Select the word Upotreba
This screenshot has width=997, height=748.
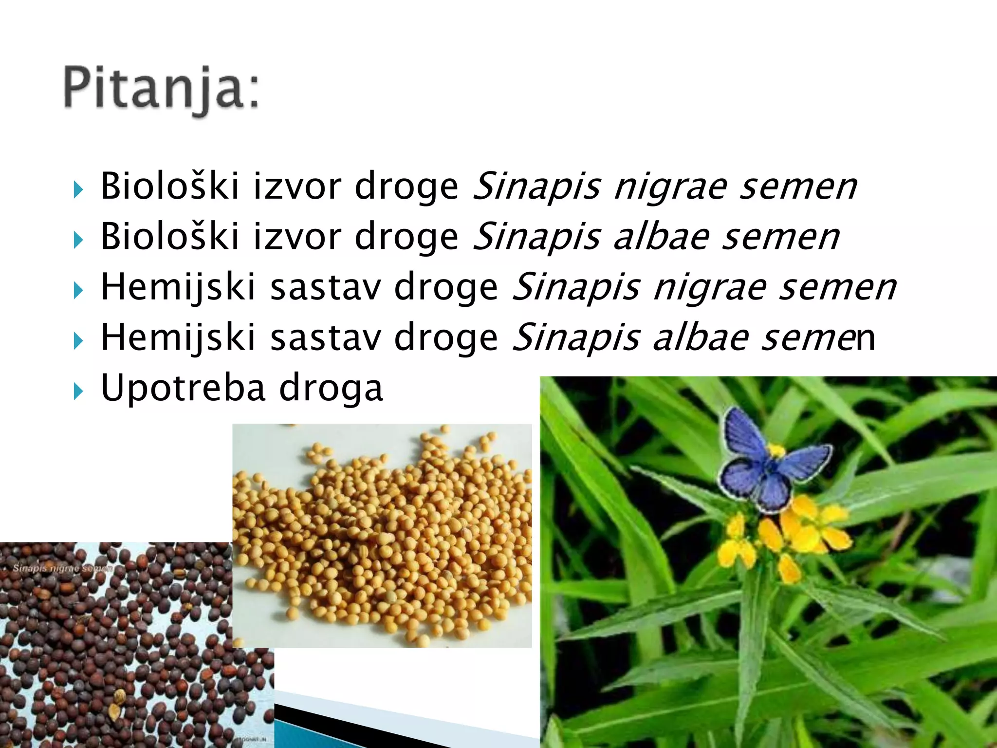(x=183, y=388)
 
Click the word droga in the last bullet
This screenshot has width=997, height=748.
(x=331, y=388)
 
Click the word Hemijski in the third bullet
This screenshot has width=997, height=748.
(x=178, y=287)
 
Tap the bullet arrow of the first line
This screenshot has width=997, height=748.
(x=78, y=189)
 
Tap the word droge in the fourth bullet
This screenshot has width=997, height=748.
(x=446, y=337)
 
